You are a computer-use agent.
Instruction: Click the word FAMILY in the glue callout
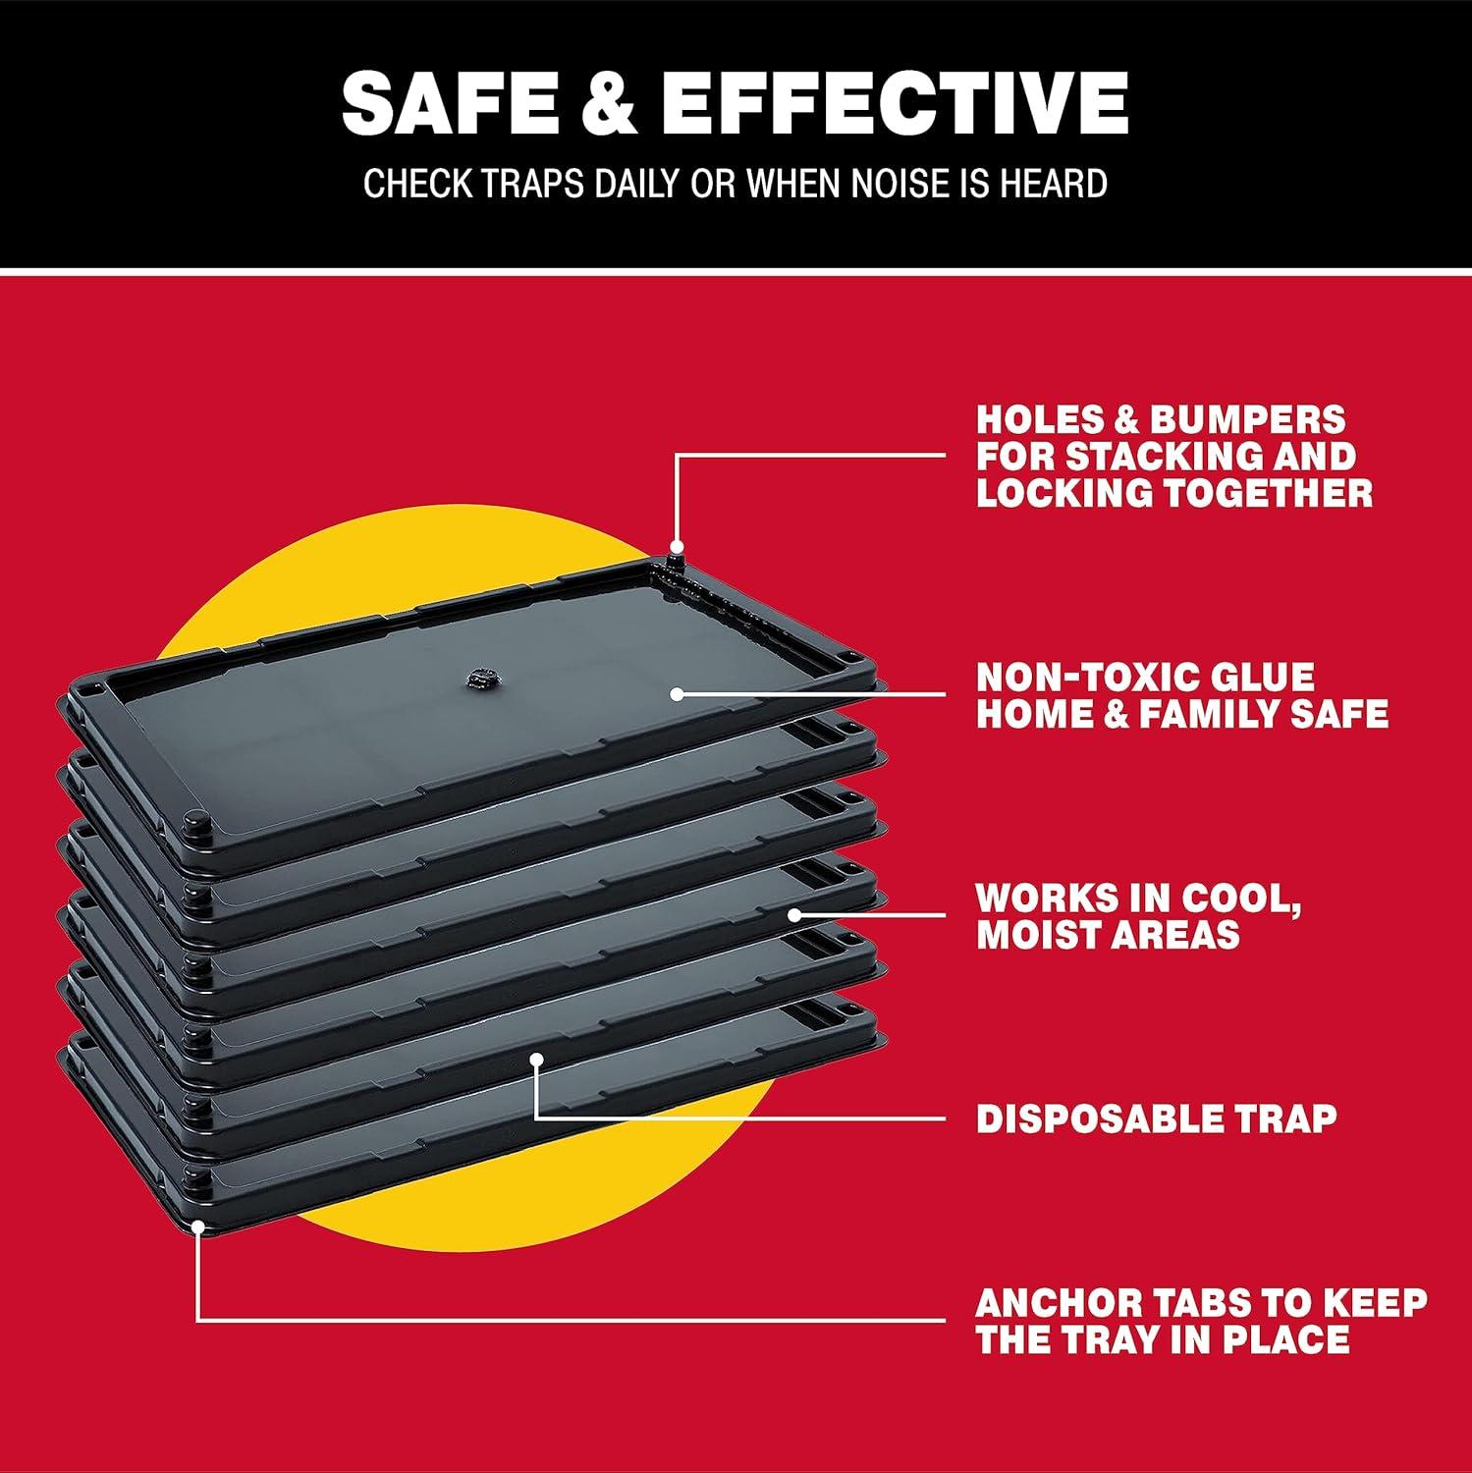click(x=1217, y=714)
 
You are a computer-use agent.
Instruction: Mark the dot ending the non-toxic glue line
click(x=676, y=693)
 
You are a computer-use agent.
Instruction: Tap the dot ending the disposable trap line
click(x=536, y=1058)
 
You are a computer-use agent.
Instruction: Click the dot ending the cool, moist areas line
click(x=794, y=914)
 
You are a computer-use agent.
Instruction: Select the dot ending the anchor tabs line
click(x=197, y=1226)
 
